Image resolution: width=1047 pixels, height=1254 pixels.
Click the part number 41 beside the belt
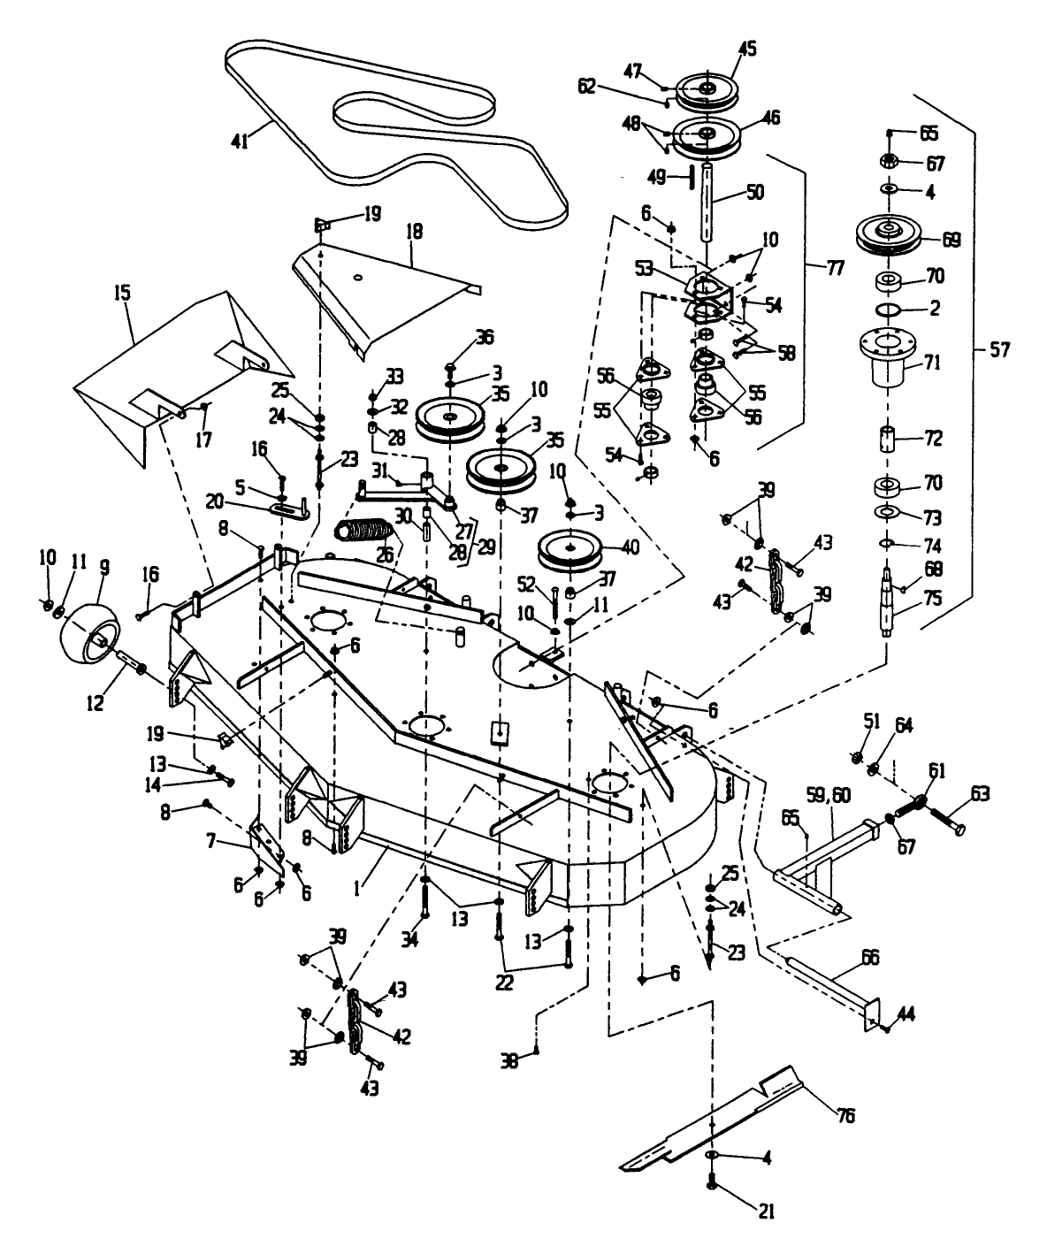coord(240,141)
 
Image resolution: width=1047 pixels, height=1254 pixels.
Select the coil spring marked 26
coord(363,532)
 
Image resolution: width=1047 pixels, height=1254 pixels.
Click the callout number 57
coord(999,349)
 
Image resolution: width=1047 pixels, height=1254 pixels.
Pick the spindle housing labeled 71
coord(887,357)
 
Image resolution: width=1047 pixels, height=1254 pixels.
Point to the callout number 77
coord(835,269)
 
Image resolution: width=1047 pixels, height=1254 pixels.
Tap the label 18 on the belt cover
coord(415,231)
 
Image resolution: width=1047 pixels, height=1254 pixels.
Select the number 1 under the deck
coord(358,888)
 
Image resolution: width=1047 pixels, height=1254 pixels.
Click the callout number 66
coord(870,957)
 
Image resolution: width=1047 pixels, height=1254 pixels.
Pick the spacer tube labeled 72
coord(888,440)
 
